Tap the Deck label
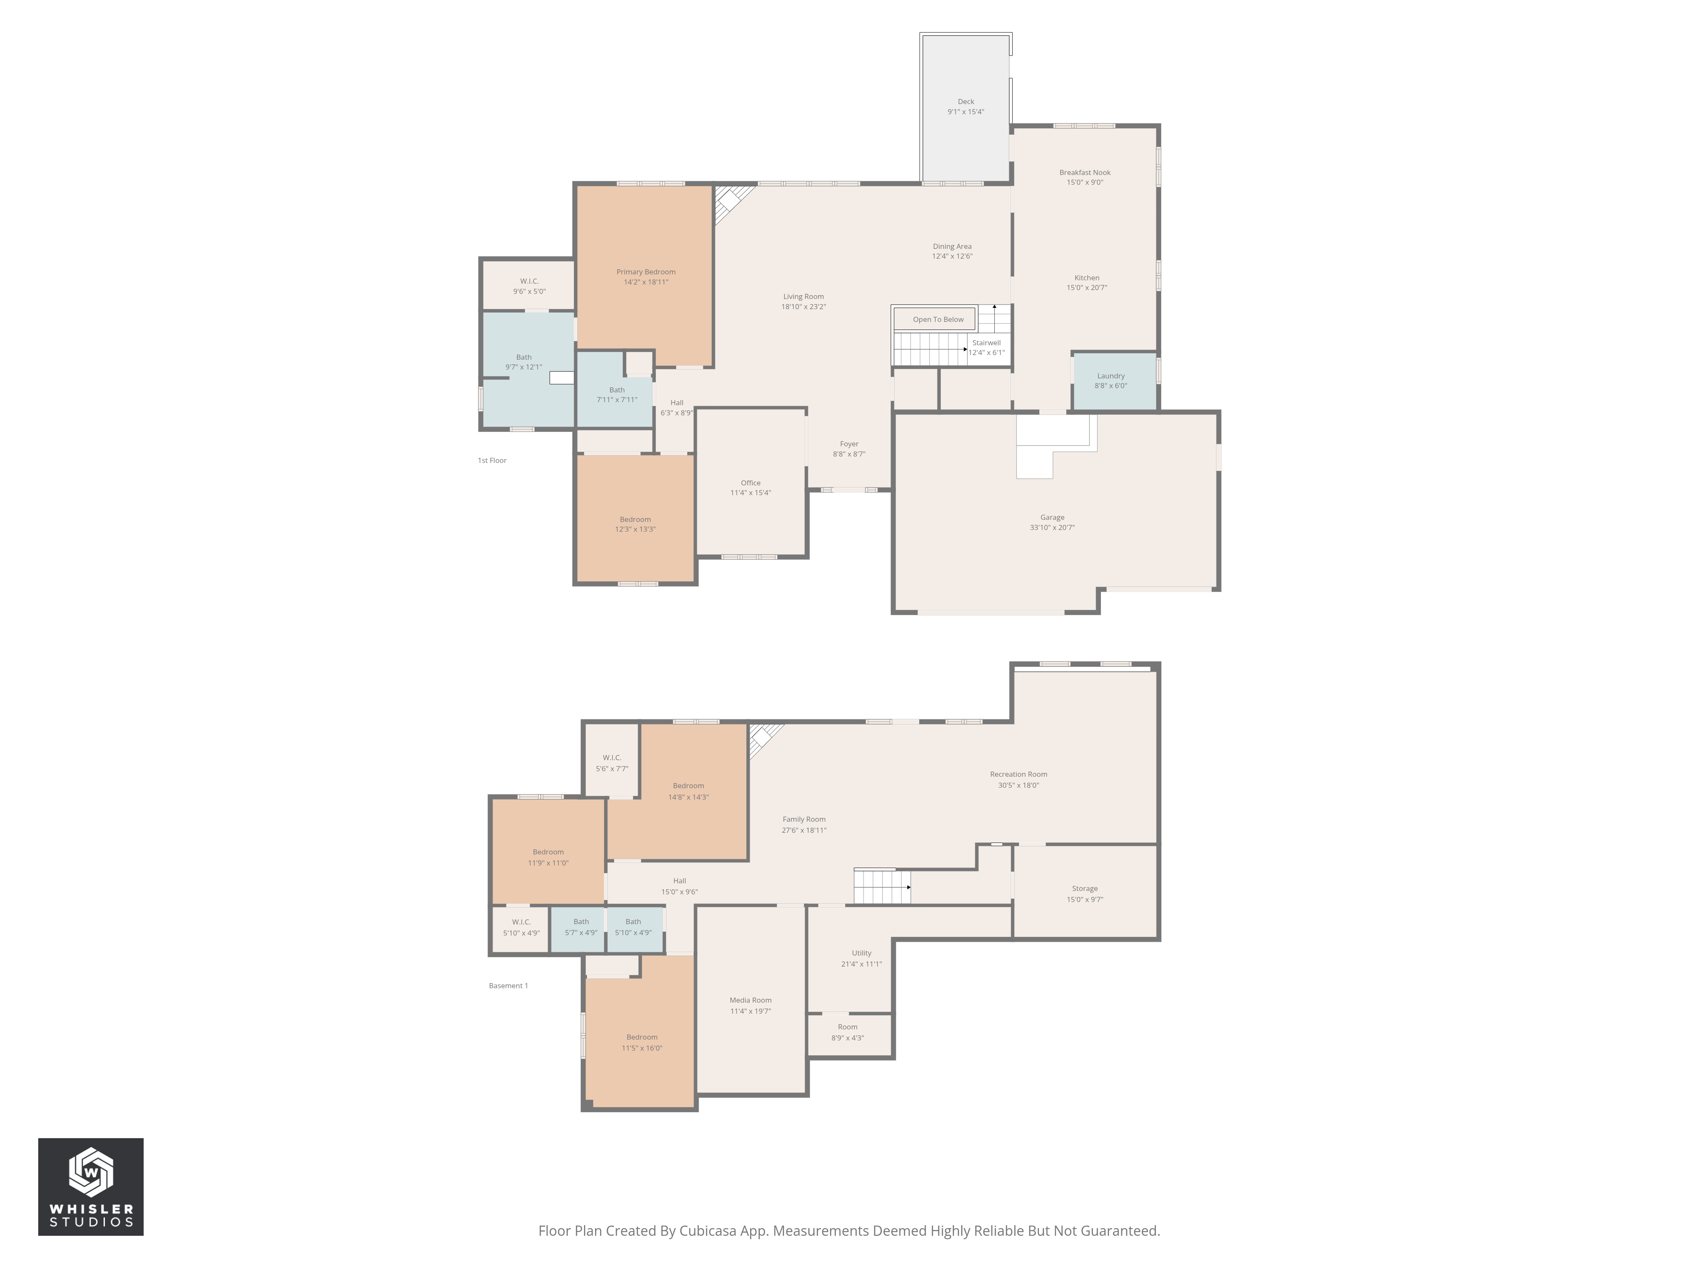pyautogui.click(x=965, y=101)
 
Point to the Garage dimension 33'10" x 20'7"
pyautogui.click(x=1052, y=527)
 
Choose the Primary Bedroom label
pyautogui.click(x=645, y=272)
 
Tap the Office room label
pyautogui.click(x=751, y=483)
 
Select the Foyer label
pyautogui.click(x=849, y=444)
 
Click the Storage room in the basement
pyautogui.click(x=1084, y=893)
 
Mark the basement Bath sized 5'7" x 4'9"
pyautogui.click(x=581, y=927)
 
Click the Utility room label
pyautogui.click(x=861, y=953)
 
